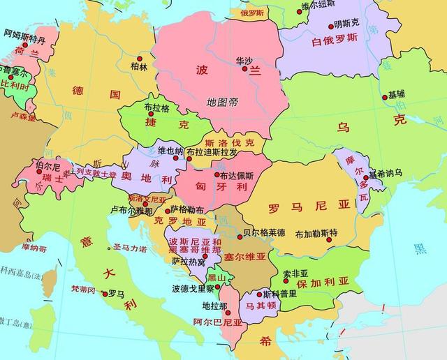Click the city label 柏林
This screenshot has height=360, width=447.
pyautogui.click(x=139, y=68)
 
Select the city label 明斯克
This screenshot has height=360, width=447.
pyautogui.click(x=346, y=23)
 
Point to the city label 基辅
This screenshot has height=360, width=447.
pyautogui.click(x=397, y=94)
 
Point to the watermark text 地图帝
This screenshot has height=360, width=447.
pyautogui.click(x=222, y=102)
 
